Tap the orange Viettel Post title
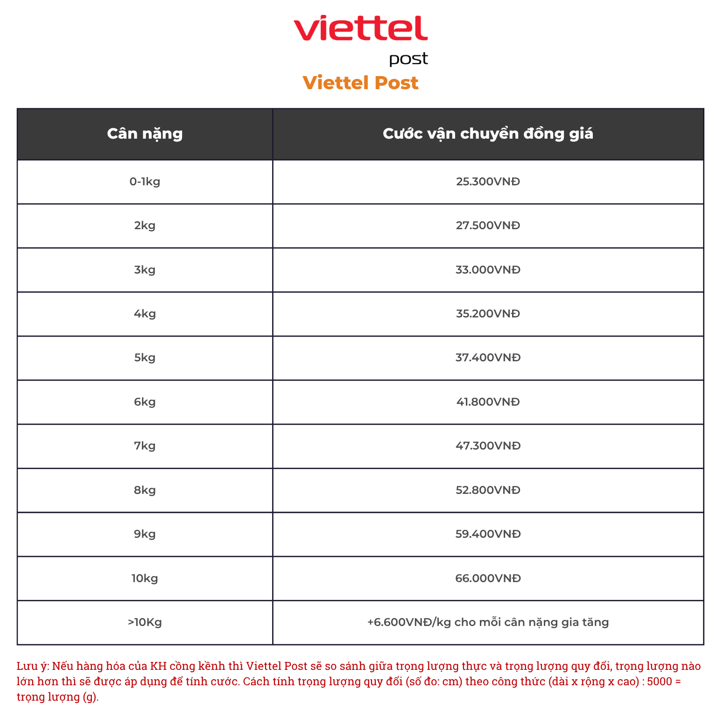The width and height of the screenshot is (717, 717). [360, 83]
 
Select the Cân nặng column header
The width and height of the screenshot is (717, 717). [145, 134]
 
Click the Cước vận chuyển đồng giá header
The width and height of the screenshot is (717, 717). [488, 134]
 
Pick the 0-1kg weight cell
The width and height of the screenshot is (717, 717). [145, 182]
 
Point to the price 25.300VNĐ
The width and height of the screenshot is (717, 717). [488, 182]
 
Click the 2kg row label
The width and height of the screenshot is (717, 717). [145, 226]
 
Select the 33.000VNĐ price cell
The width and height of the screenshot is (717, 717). [488, 270]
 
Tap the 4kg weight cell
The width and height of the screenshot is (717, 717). [145, 314]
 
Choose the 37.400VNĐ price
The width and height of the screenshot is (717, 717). [488, 358]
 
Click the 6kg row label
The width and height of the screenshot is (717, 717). [145, 402]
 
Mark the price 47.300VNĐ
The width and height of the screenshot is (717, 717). [488, 446]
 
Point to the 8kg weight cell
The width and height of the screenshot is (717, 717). [145, 490]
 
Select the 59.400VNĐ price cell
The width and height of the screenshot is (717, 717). [488, 534]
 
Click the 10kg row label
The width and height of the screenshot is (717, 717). [145, 578]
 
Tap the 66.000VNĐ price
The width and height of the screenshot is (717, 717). [488, 578]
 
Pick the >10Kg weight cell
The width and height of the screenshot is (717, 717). [145, 622]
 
